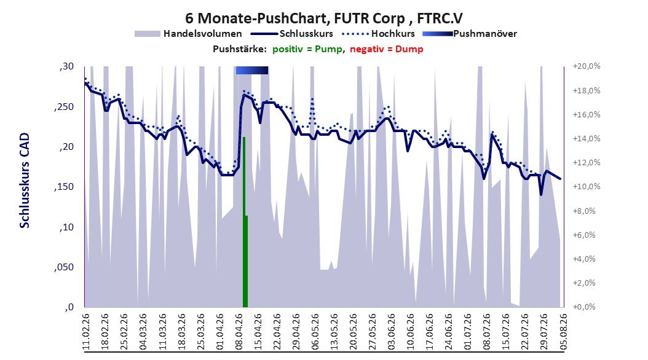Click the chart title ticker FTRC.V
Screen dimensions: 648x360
(x=440, y=18)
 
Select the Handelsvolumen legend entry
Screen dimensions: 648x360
(x=188, y=34)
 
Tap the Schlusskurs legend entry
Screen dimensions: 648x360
(x=292, y=34)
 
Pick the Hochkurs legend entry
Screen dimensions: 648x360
(x=379, y=34)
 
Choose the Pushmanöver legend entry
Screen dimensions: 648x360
(x=470, y=34)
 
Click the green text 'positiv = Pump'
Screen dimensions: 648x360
(x=307, y=49)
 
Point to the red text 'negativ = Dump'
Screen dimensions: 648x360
(x=387, y=49)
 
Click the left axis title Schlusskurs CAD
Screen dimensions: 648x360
(x=25, y=181)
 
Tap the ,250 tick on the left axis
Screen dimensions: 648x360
(x=64, y=107)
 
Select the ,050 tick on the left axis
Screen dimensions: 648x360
(x=64, y=267)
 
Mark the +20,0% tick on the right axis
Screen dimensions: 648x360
(x=587, y=66)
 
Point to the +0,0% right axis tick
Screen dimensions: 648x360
(x=585, y=307)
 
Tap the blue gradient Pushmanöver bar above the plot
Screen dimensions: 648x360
(x=252, y=70)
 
